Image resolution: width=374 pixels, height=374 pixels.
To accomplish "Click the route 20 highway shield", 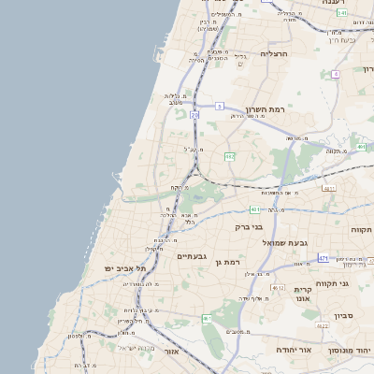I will pos(195,114).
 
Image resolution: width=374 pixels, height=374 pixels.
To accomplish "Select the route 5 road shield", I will pos(219,105).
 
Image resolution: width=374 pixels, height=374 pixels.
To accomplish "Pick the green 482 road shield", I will pos(229,157).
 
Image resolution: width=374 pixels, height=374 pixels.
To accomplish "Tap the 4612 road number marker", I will pos(278,288).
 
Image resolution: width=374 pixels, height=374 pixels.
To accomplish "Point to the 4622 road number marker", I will pos(323,325).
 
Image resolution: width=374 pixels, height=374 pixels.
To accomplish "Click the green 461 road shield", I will pos(207,319).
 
